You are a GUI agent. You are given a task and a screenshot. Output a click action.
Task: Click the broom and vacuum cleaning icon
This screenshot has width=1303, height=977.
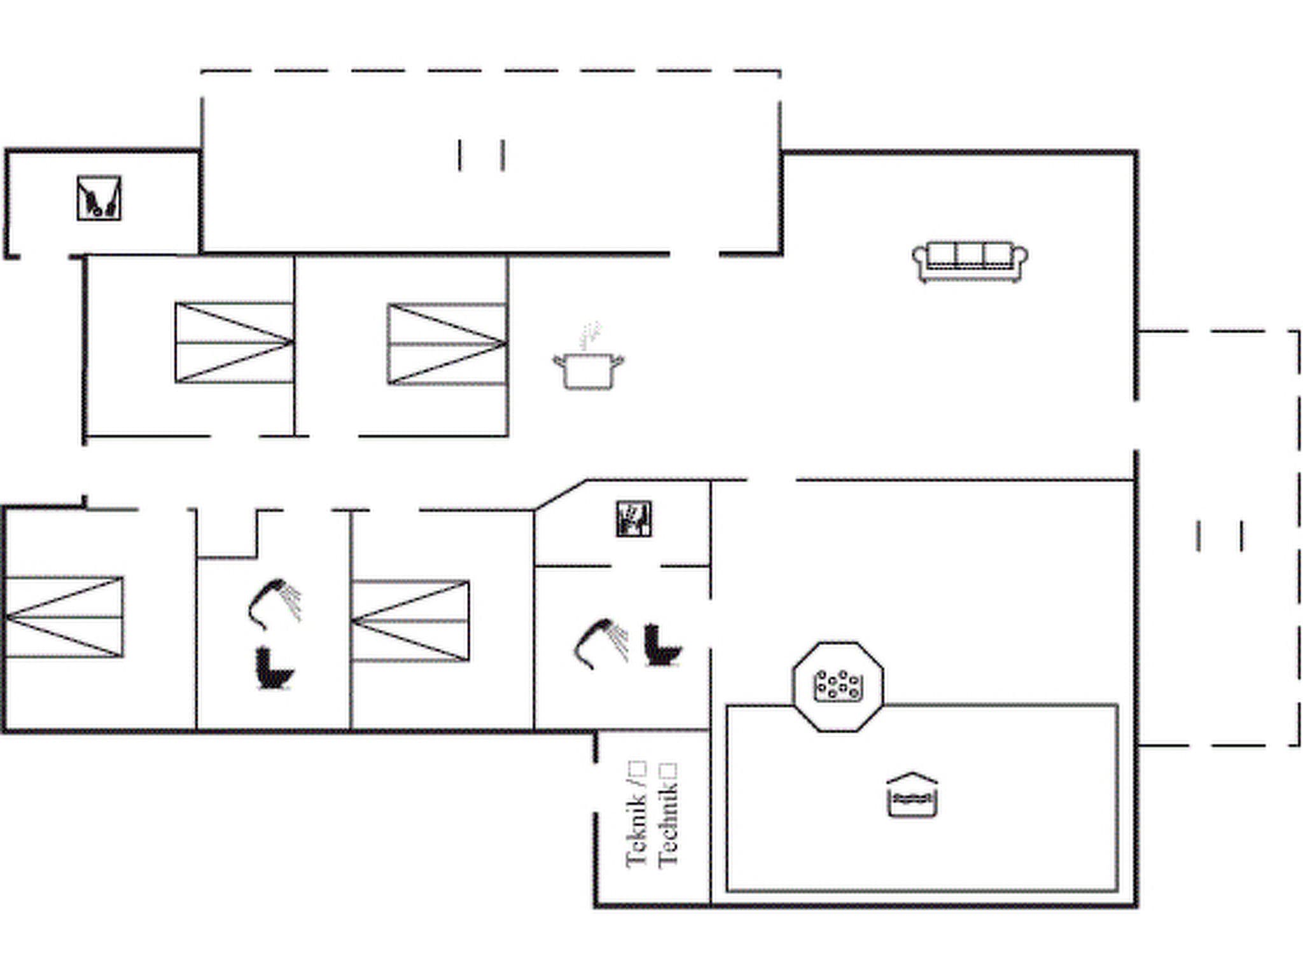[x=99, y=198]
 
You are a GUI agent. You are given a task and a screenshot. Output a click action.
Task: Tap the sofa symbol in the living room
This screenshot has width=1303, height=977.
[x=970, y=261]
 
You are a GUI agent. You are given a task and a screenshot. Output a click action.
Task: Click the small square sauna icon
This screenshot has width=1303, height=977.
[x=634, y=519]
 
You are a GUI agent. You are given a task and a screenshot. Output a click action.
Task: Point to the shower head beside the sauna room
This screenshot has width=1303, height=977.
[x=601, y=642]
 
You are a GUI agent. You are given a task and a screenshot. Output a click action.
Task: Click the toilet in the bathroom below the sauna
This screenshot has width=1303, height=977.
[x=662, y=645]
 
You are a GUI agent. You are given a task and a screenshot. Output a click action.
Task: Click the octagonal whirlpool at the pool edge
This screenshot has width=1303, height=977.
[x=838, y=686]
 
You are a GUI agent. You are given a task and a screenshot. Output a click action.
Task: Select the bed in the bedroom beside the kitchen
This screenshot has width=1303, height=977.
[x=447, y=343]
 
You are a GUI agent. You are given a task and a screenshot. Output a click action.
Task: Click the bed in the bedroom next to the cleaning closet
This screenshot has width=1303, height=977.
[x=233, y=342]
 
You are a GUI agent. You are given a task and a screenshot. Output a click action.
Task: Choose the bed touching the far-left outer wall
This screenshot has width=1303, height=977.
[x=64, y=616]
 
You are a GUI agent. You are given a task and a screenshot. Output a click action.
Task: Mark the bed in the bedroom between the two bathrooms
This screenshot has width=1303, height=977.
[x=410, y=621]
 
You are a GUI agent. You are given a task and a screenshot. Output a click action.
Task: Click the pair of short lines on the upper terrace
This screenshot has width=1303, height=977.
[x=481, y=155]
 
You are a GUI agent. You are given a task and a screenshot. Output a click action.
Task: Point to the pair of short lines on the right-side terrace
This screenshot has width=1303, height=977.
[x=1219, y=536]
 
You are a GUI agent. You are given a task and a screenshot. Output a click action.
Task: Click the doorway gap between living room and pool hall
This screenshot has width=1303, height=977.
[x=771, y=480]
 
